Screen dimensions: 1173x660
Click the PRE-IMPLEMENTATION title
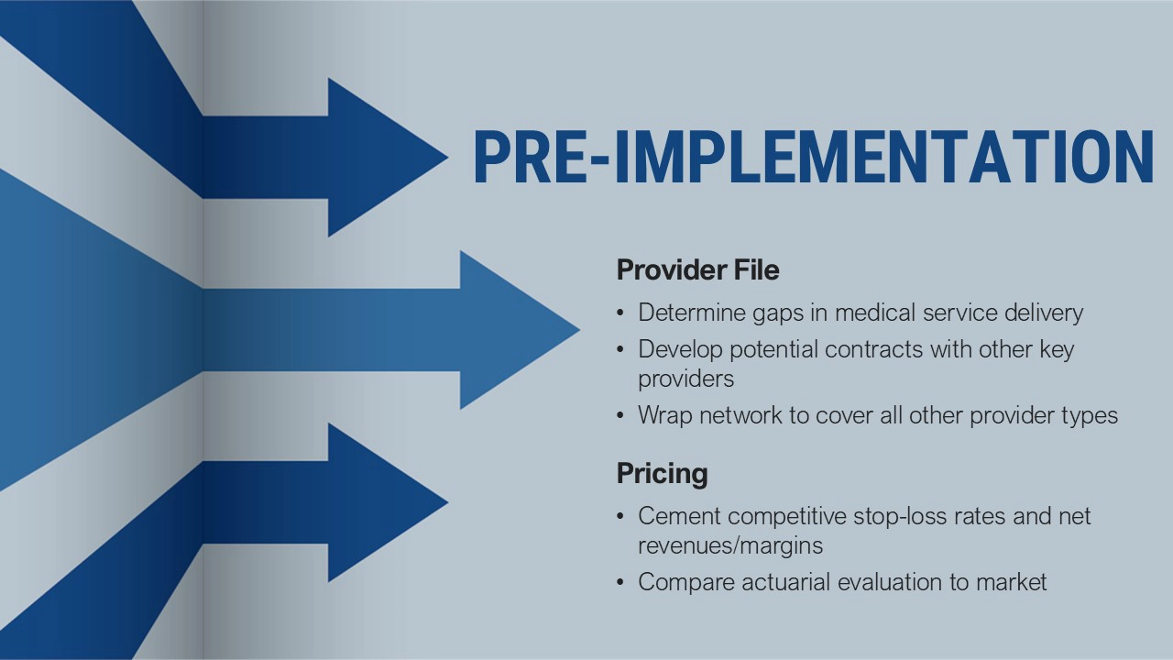pyautogui.click(x=814, y=157)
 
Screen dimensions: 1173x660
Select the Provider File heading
pyautogui.click(x=698, y=269)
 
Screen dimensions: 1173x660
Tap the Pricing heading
pyautogui.click(x=662, y=474)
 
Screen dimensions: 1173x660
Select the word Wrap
pyautogui.click(x=665, y=416)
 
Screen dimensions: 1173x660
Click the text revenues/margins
pyautogui.click(x=730, y=545)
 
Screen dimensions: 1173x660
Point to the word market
pyautogui.click(x=1011, y=582)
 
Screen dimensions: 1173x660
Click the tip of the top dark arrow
pyautogui.click(x=448, y=157)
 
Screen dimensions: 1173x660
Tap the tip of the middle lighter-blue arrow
pyautogui.click(x=579, y=330)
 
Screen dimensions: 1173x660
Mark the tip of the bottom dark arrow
pyautogui.click(x=448, y=502)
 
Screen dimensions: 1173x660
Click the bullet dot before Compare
pyautogui.click(x=620, y=582)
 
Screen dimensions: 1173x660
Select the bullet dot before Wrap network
pyautogui.click(x=620, y=416)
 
